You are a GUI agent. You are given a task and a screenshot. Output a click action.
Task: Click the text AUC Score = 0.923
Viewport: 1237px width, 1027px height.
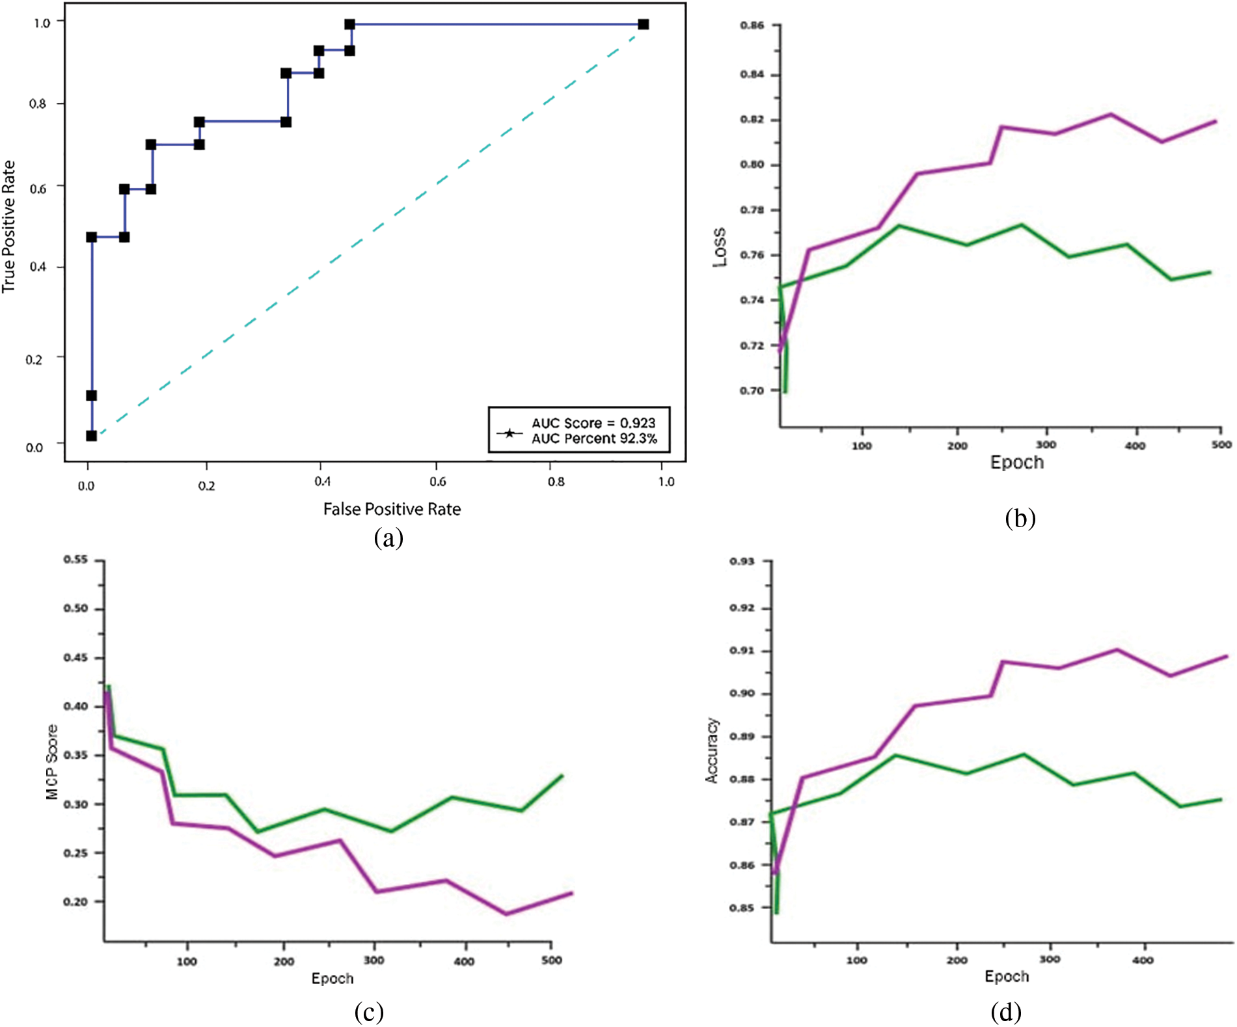point(593,423)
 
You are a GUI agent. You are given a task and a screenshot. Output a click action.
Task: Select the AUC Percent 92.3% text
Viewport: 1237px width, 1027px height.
point(594,439)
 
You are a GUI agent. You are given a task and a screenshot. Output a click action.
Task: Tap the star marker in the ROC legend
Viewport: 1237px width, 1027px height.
point(510,433)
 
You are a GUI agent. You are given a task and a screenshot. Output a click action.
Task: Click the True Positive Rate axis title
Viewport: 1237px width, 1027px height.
point(8,226)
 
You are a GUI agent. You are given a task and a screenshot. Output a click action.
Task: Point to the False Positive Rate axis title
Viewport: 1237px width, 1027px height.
point(392,509)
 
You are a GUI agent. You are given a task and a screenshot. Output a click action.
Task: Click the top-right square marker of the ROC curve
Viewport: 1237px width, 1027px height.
point(643,25)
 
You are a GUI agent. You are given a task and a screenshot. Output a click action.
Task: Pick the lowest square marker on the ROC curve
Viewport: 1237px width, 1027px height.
point(92,435)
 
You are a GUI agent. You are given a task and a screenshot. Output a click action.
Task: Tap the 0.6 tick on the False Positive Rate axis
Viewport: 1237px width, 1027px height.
point(438,482)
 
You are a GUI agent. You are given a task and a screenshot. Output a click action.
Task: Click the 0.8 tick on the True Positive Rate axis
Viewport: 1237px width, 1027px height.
point(38,103)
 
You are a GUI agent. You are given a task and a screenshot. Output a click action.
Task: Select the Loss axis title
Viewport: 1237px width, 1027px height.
point(720,247)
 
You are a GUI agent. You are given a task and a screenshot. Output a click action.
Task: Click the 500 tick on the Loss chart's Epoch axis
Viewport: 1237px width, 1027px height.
point(1221,445)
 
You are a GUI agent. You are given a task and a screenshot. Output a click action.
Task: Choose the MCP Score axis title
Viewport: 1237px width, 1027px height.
point(52,762)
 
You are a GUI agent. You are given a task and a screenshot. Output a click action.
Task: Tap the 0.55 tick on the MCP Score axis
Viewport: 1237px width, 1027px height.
point(75,560)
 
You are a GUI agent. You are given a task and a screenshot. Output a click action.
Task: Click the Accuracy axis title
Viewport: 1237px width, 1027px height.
point(712,750)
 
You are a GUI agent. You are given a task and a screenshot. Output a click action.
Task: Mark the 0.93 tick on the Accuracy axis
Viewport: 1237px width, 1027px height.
point(742,561)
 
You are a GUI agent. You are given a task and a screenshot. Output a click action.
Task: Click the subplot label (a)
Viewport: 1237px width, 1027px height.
point(388,538)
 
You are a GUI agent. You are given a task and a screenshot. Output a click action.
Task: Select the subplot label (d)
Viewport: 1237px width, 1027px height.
point(1006,1012)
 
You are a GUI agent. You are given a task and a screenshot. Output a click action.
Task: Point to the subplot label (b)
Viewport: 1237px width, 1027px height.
point(1020,518)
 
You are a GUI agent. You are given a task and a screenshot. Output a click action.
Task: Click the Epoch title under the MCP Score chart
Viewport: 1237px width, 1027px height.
point(333,979)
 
